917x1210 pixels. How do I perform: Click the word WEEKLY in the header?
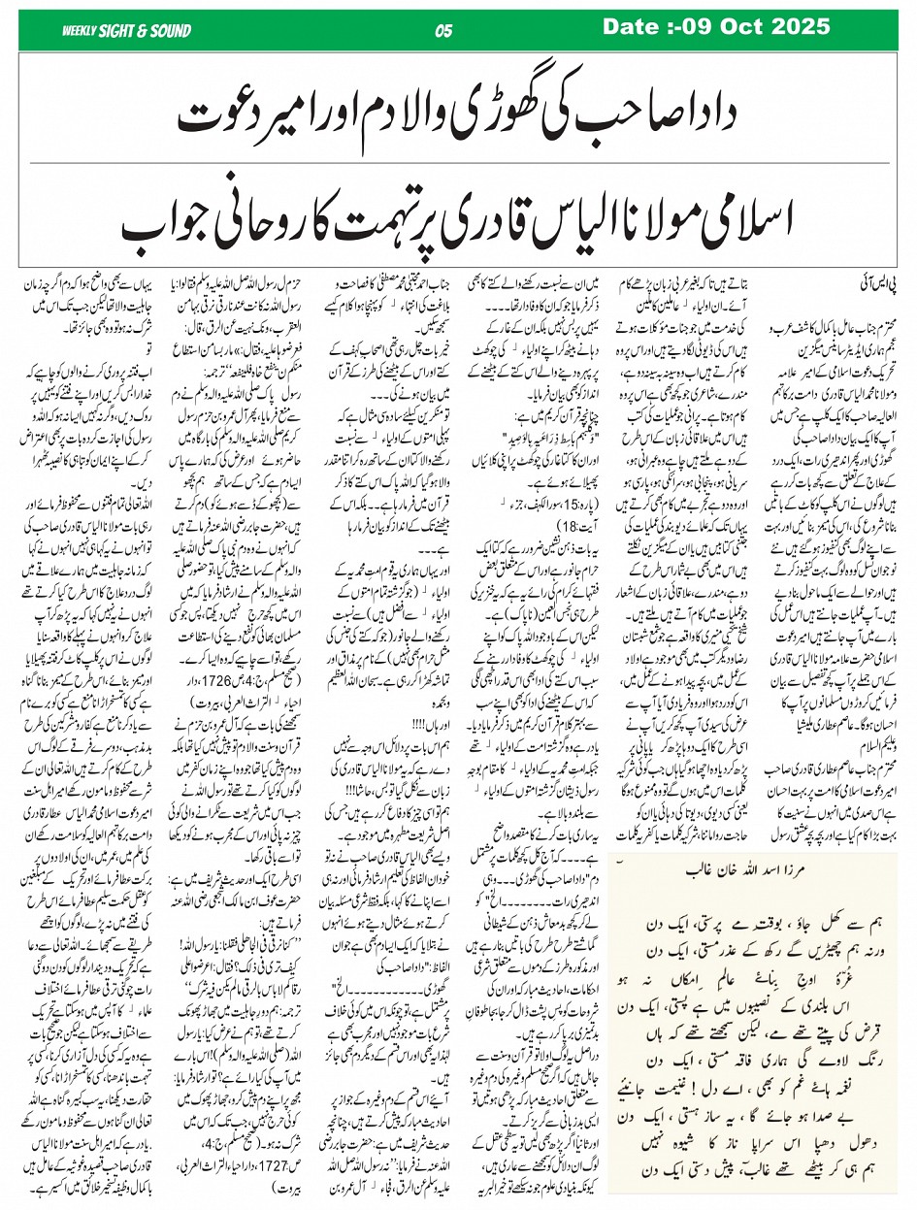point(80,31)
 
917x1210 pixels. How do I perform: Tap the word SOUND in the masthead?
point(167,31)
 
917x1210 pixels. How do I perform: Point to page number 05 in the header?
point(444,31)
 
